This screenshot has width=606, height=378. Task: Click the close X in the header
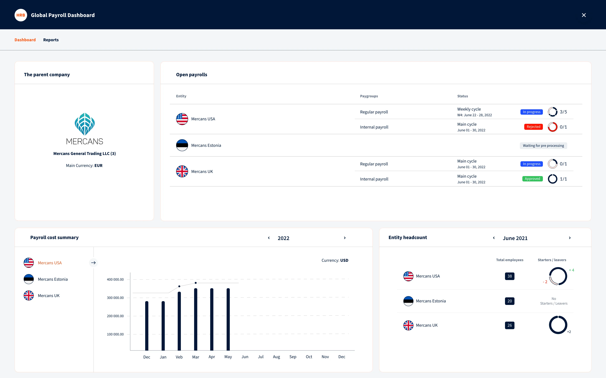(x=584, y=15)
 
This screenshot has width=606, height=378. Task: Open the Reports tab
(x=51, y=40)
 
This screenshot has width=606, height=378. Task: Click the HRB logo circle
(x=21, y=15)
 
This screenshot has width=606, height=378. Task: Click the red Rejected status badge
(x=533, y=127)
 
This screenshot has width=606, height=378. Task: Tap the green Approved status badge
(x=532, y=179)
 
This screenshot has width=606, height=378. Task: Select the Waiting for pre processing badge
(x=543, y=146)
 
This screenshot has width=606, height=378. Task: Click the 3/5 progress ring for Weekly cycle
(x=552, y=112)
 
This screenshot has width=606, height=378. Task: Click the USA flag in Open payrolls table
(x=182, y=119)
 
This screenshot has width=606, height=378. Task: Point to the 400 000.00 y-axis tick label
(x=115, y=280)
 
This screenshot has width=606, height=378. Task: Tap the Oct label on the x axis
(x=309, y=357)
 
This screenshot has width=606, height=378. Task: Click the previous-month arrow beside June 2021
(x=494, y=238)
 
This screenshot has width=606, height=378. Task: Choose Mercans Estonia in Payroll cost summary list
(x=53, y=279)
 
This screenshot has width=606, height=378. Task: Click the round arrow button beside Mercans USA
(x=93, y=263)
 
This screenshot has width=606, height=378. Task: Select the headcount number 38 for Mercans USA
(x=509, y=276)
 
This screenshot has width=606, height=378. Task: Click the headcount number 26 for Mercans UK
(x=509, y=325)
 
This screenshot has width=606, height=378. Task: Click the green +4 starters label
(x=571, y=270)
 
